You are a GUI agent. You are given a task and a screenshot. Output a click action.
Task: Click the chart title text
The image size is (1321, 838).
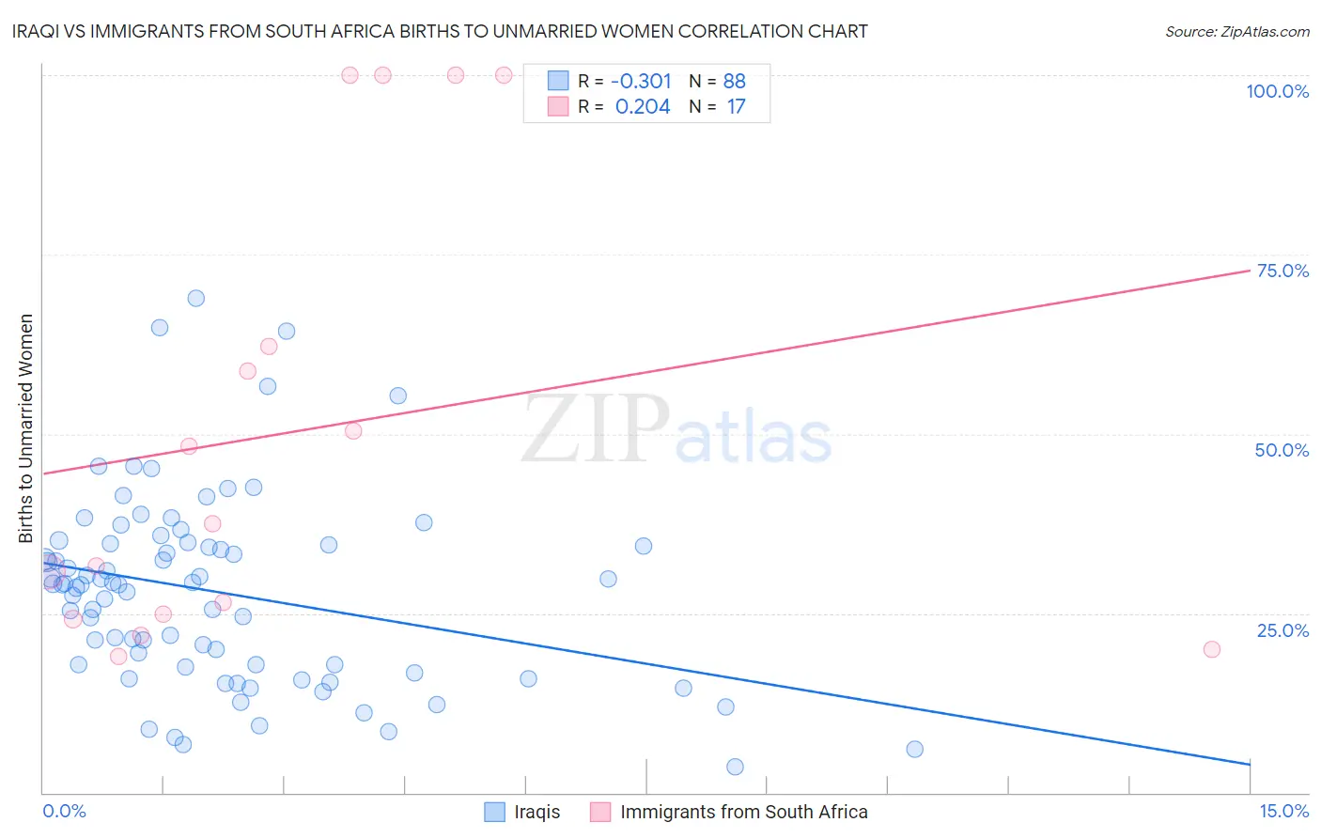tap(440, 31)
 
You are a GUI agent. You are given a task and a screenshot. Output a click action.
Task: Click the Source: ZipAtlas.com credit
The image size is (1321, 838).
tap(1236, 31)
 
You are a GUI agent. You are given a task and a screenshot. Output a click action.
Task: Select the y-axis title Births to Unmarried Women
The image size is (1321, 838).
tap(25, 428)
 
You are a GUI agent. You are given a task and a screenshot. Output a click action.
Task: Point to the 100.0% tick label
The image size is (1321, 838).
tap(1277, 91)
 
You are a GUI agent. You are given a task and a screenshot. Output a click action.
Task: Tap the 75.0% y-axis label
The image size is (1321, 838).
tap(1282, 271)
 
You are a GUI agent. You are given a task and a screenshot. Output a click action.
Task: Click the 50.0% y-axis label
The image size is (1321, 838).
tap(1282, 450)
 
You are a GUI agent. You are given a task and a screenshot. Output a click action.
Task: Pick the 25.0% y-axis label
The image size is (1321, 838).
tap(1282, 629)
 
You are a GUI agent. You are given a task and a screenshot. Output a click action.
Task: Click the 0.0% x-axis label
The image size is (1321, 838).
tap(64, 811)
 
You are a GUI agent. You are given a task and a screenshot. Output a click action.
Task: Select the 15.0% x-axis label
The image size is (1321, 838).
tap(1283, 811)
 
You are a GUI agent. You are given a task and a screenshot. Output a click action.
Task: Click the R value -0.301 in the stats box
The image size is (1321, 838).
tap(641, 81)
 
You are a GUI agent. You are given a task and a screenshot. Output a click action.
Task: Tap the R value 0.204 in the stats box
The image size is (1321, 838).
tap(643, 107)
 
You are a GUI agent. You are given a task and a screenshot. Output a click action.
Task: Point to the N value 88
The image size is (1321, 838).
tap(734, 81)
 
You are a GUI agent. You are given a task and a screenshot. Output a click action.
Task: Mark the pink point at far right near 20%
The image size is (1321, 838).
tap(1211, 649)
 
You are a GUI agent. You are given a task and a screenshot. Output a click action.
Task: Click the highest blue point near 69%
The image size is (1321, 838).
tap(195, 298)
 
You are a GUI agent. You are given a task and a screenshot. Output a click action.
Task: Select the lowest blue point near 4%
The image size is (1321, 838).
tap(735, 767)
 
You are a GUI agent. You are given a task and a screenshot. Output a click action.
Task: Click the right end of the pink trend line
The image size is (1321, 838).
tap(1250, 271)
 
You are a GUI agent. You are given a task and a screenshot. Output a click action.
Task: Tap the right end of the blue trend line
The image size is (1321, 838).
tap(1250, 764)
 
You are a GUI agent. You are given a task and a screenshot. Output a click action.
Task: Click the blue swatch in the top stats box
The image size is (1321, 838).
tap(558, 81)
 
